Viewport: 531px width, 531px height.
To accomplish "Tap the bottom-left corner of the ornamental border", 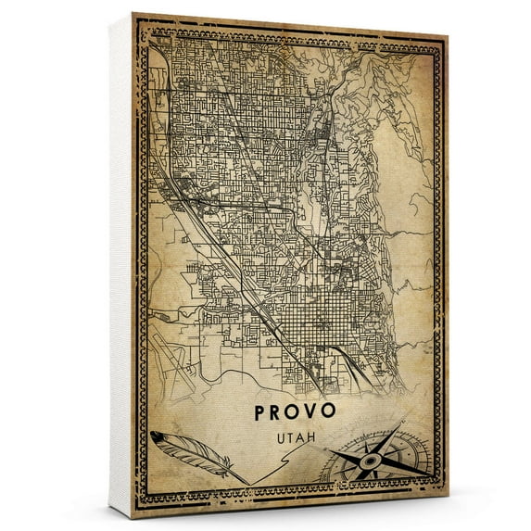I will click(x=139, y=501).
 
